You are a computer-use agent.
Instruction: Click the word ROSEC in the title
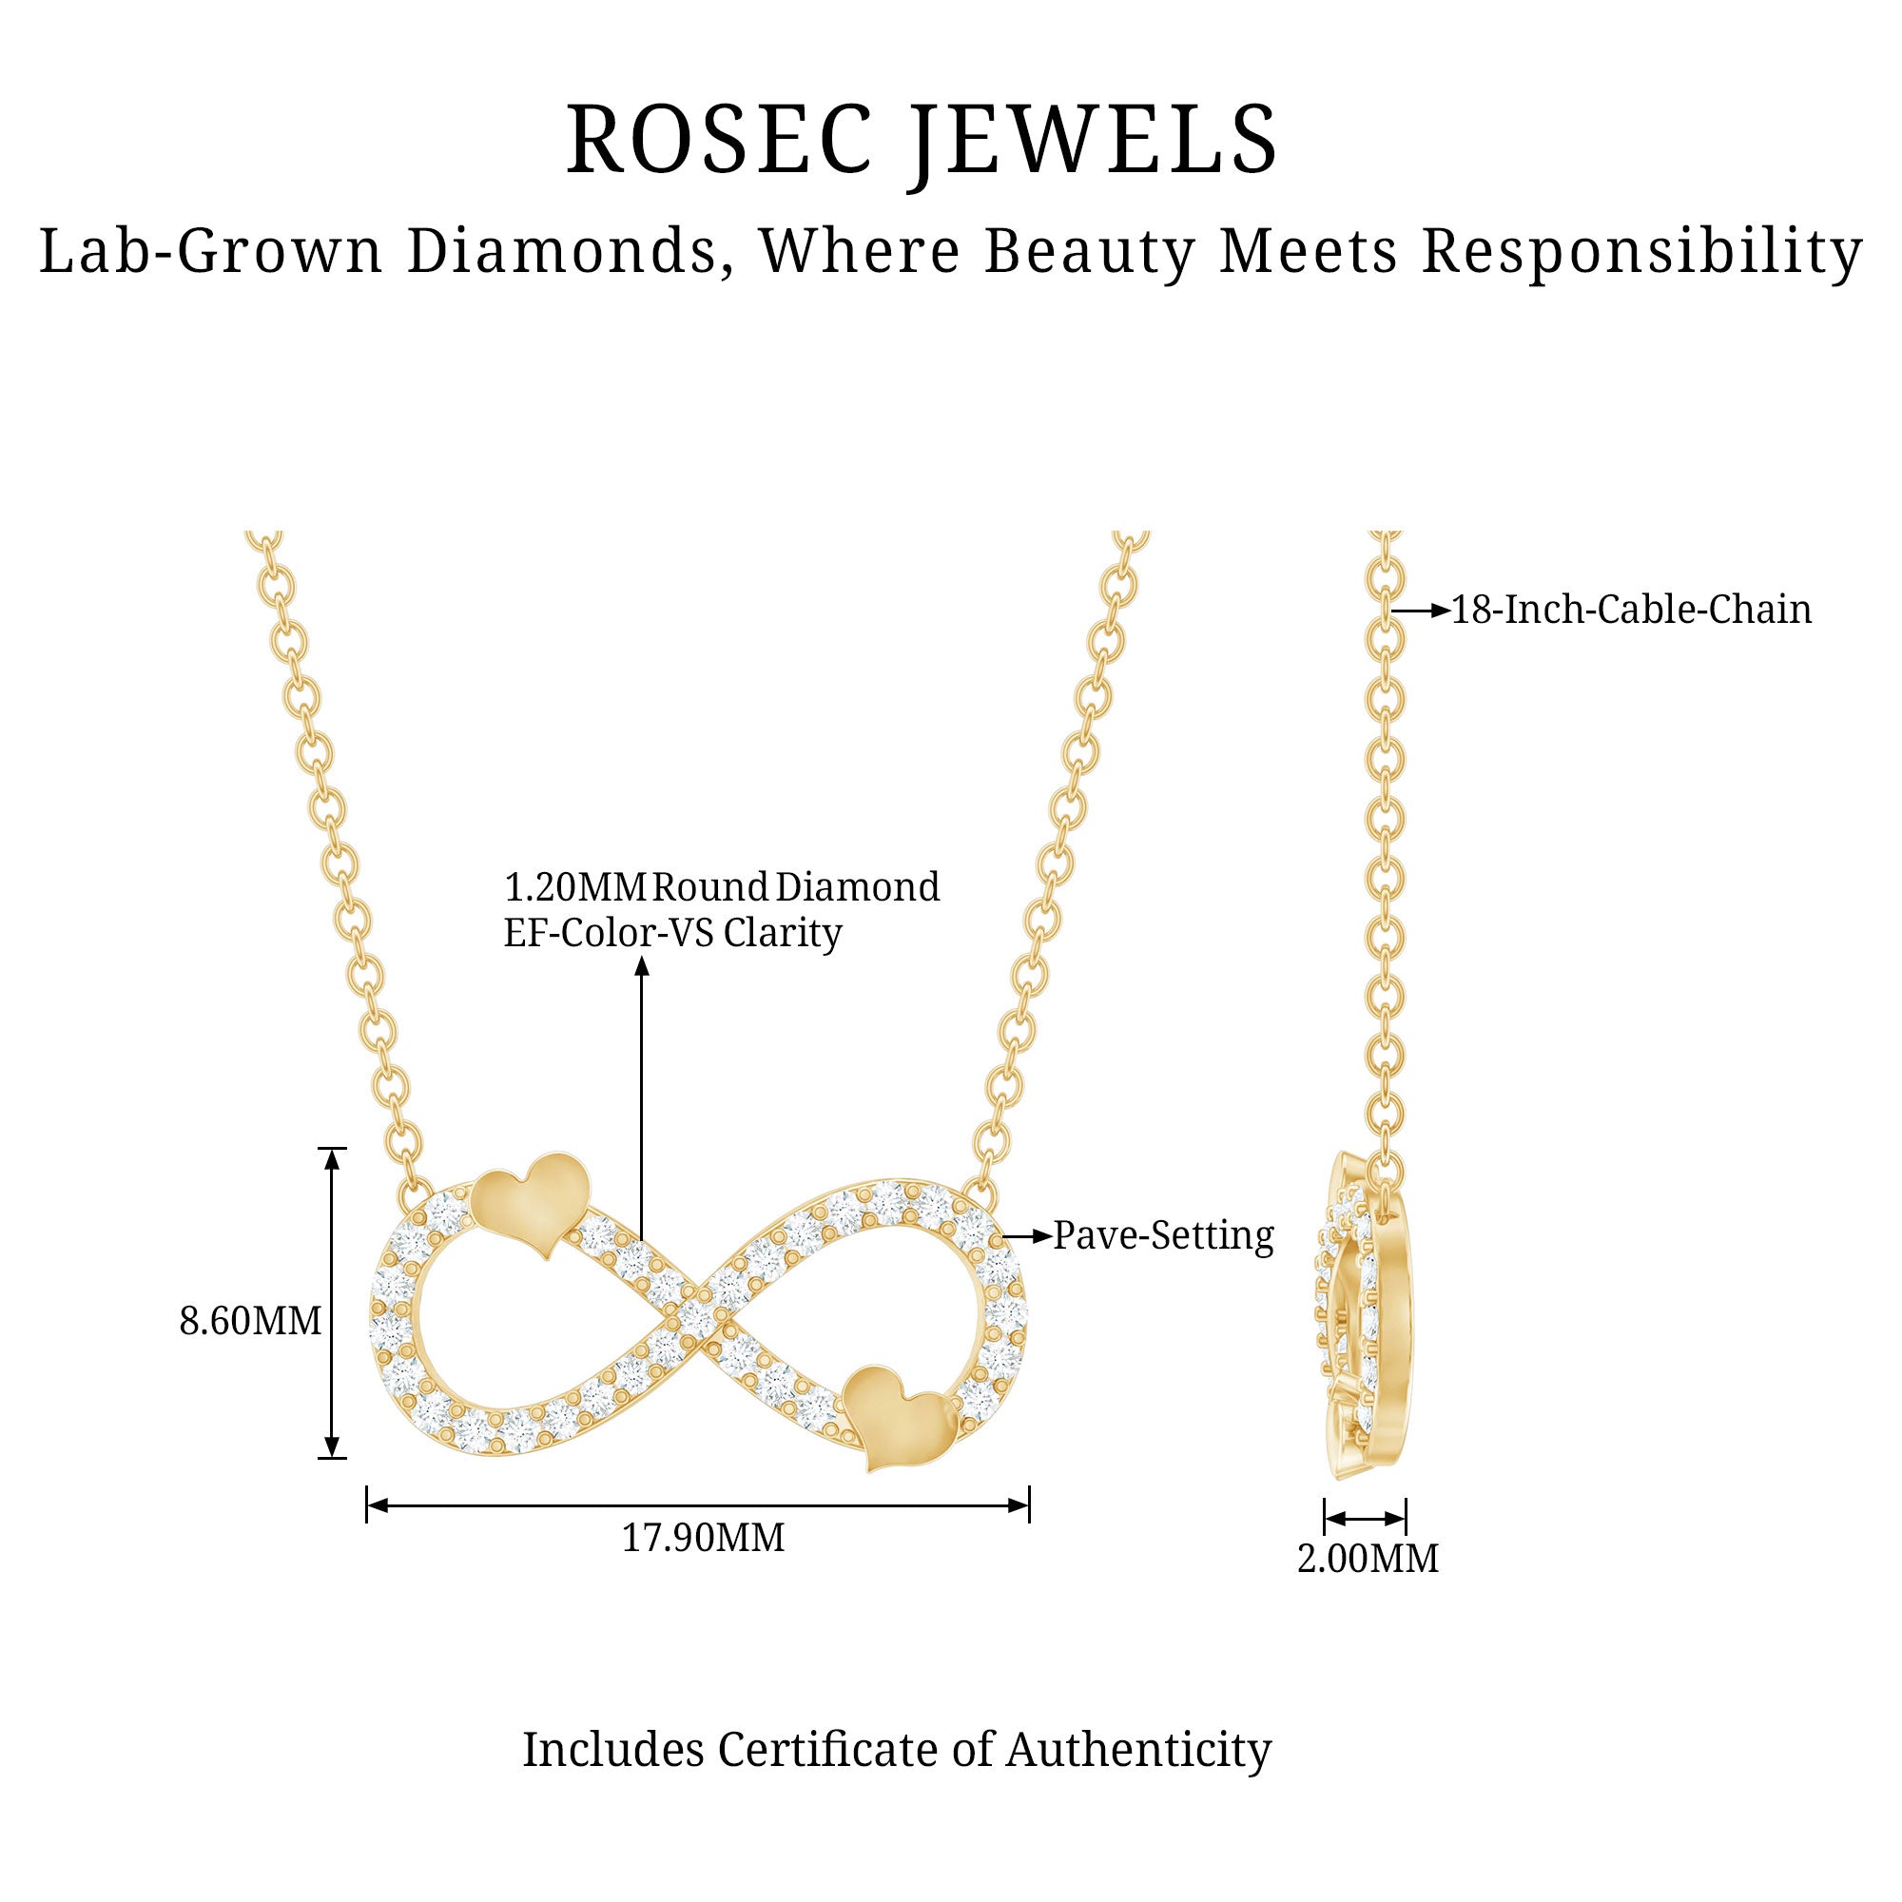click(x=719, y=139)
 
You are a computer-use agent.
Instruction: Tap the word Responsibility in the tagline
click(x=1642, y=252)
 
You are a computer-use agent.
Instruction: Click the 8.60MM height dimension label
click(x=250, y=1320)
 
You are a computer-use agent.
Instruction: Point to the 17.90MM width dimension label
click(x=703, y=1537)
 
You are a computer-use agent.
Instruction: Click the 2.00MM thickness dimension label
click(x=1368, y=1559)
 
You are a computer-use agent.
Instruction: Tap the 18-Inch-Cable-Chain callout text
click(x=1631, y=610)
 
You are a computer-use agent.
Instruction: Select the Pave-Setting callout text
click(x=1164, y=1235)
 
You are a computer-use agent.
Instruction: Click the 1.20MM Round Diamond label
click(x=722, y=887)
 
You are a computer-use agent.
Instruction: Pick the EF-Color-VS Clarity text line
click(x=672, y=932)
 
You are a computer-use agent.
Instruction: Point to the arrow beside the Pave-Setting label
click(x=1027, y=1235)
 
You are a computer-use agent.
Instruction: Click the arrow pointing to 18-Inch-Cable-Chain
click(x=1422, y=611)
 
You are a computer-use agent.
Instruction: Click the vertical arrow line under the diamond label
click(x=642, y=1098)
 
